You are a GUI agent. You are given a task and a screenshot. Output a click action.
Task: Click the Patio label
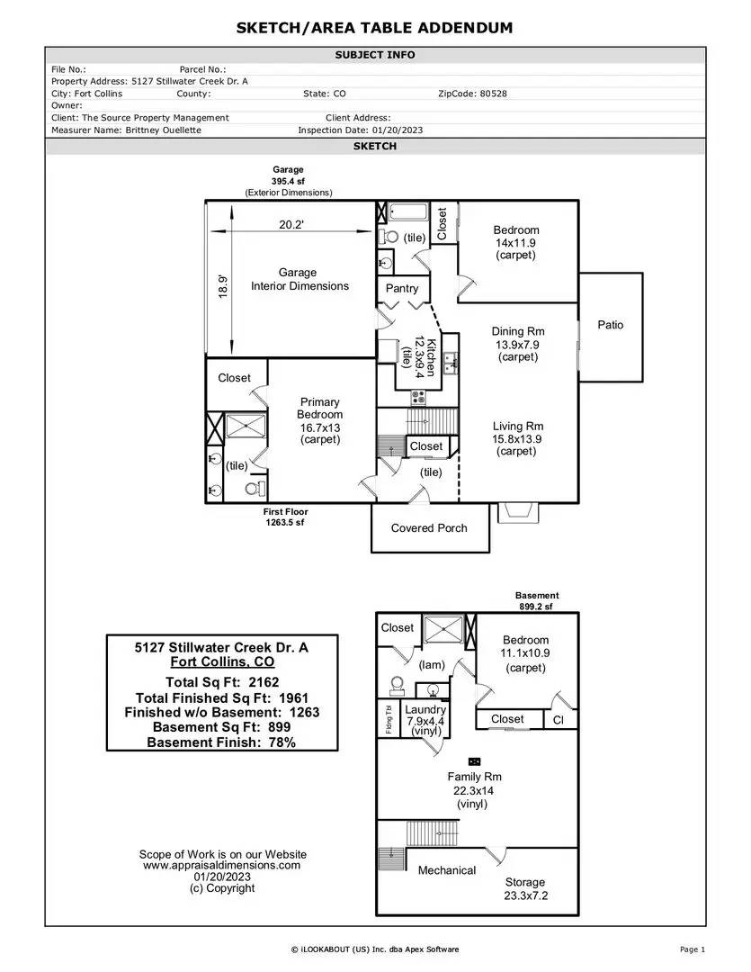click(611, 325)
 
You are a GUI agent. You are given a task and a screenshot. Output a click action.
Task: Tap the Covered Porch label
click(429, 528)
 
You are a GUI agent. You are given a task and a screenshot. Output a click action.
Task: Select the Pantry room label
click(402, 288)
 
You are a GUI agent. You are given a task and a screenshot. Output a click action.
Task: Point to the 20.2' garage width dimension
click(291, 224)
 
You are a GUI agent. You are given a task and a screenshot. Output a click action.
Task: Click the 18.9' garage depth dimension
click(223, 287)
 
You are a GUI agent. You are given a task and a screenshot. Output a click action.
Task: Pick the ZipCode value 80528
click(493, 94)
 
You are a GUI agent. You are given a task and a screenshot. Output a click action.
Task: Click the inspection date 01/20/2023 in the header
click(398, 130)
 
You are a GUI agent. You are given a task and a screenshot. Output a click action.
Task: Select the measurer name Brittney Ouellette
click(163, 130)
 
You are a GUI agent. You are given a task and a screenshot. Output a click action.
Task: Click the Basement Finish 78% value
click(282, 742)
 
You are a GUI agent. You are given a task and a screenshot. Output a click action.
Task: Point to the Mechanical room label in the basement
click(447, 870)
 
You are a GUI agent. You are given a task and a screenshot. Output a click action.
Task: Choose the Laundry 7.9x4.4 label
click(425, 720)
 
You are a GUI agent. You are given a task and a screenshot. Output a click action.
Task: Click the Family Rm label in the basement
click(475, 777)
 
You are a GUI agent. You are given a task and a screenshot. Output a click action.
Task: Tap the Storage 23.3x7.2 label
click(525, 889)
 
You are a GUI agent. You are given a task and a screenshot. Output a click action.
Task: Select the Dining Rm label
click(518, 331)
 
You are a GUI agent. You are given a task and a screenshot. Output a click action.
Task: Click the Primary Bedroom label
click(319, 409)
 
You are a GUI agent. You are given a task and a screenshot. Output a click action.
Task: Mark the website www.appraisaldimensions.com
click(222, 866)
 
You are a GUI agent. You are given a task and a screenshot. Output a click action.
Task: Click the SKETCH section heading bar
click(375, 147)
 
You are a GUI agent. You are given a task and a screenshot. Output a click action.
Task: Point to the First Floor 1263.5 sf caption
click(285, 517)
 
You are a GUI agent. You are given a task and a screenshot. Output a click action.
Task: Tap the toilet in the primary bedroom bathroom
click(255, 489)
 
